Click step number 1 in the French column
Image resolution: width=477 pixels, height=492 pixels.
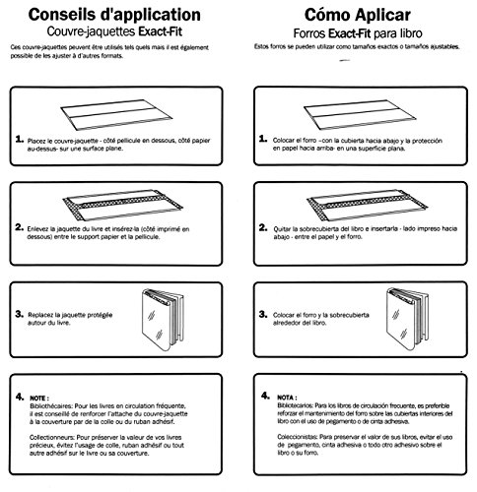tap(22, 142)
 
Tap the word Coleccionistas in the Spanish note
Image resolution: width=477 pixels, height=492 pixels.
tap(304, 439)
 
